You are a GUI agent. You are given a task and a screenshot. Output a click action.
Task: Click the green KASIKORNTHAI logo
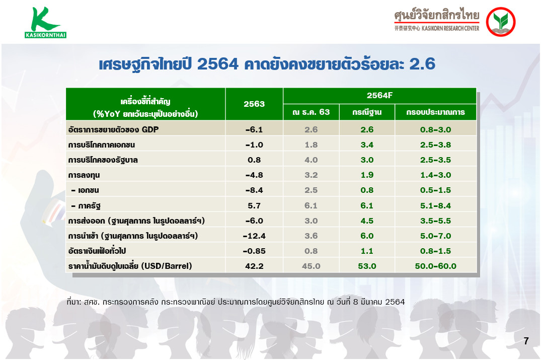click(45, 23)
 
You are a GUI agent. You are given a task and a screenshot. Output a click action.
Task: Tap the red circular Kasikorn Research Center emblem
click(501, 22)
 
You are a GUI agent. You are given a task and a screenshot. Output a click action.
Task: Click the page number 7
click(526, 341)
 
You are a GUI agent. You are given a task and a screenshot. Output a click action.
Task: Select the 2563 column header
click(254, 104)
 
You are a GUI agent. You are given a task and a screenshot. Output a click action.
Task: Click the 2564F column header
click(379, 95)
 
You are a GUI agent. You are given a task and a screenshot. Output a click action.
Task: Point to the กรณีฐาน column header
click(367, 112)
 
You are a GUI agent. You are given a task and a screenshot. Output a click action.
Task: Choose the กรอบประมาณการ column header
click(435, 112)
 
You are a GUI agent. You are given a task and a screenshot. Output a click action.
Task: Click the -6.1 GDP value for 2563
click(254, 129)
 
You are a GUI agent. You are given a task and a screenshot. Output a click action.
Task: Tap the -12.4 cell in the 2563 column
click(254, 236)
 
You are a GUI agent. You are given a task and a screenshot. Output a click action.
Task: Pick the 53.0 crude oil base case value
click(367, 266)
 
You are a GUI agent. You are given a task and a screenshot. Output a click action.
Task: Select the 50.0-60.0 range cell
click(435, 266)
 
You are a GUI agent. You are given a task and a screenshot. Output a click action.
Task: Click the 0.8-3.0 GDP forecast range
click(435, 129)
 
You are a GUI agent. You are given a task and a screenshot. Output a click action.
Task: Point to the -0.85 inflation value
click(254, 251)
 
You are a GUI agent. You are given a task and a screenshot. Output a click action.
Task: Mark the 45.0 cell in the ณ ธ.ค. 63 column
click(311, 266)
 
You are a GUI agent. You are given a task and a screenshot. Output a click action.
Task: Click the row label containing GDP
click(114, 129)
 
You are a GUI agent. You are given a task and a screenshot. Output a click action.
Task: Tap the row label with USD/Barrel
click(130, 266)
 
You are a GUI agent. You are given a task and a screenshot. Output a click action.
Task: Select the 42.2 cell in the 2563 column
click(254, 266)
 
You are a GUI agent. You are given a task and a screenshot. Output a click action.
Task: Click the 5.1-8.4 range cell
click(435, 206)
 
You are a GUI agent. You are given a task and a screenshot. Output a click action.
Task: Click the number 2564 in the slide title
click(218, 64)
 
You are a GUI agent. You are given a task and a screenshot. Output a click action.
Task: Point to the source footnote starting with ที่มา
click(236, 302)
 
